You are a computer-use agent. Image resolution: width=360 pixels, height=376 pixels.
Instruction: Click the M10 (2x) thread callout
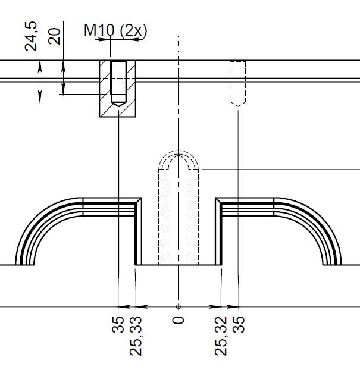[115, 30]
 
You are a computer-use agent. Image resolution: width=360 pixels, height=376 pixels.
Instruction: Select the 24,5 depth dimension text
[31, 36]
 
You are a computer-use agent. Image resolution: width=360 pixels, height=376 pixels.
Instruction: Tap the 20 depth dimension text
[54, 36]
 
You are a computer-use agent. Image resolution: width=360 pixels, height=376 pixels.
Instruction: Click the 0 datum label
[178, 320]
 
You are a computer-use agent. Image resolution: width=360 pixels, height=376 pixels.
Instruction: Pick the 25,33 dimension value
[136, 336]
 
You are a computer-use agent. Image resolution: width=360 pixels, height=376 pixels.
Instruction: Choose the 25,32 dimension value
[221, 336]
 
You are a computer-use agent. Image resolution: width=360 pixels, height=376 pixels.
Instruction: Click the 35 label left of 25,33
[118, 324]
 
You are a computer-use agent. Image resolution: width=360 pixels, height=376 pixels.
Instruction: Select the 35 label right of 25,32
[239, 324]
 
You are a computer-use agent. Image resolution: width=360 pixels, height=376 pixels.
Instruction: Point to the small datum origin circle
[178, 306]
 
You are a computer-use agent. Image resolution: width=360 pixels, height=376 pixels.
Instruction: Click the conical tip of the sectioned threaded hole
[119, 104]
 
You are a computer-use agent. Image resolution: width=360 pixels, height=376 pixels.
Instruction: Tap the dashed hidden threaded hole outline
[238, 83]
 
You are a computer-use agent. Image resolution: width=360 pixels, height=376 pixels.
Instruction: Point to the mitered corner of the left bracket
[139, 200]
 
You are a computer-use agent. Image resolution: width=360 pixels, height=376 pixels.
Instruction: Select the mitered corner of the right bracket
[218, 200]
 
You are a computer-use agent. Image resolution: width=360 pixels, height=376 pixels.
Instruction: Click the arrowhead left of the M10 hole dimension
[102, 39]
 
